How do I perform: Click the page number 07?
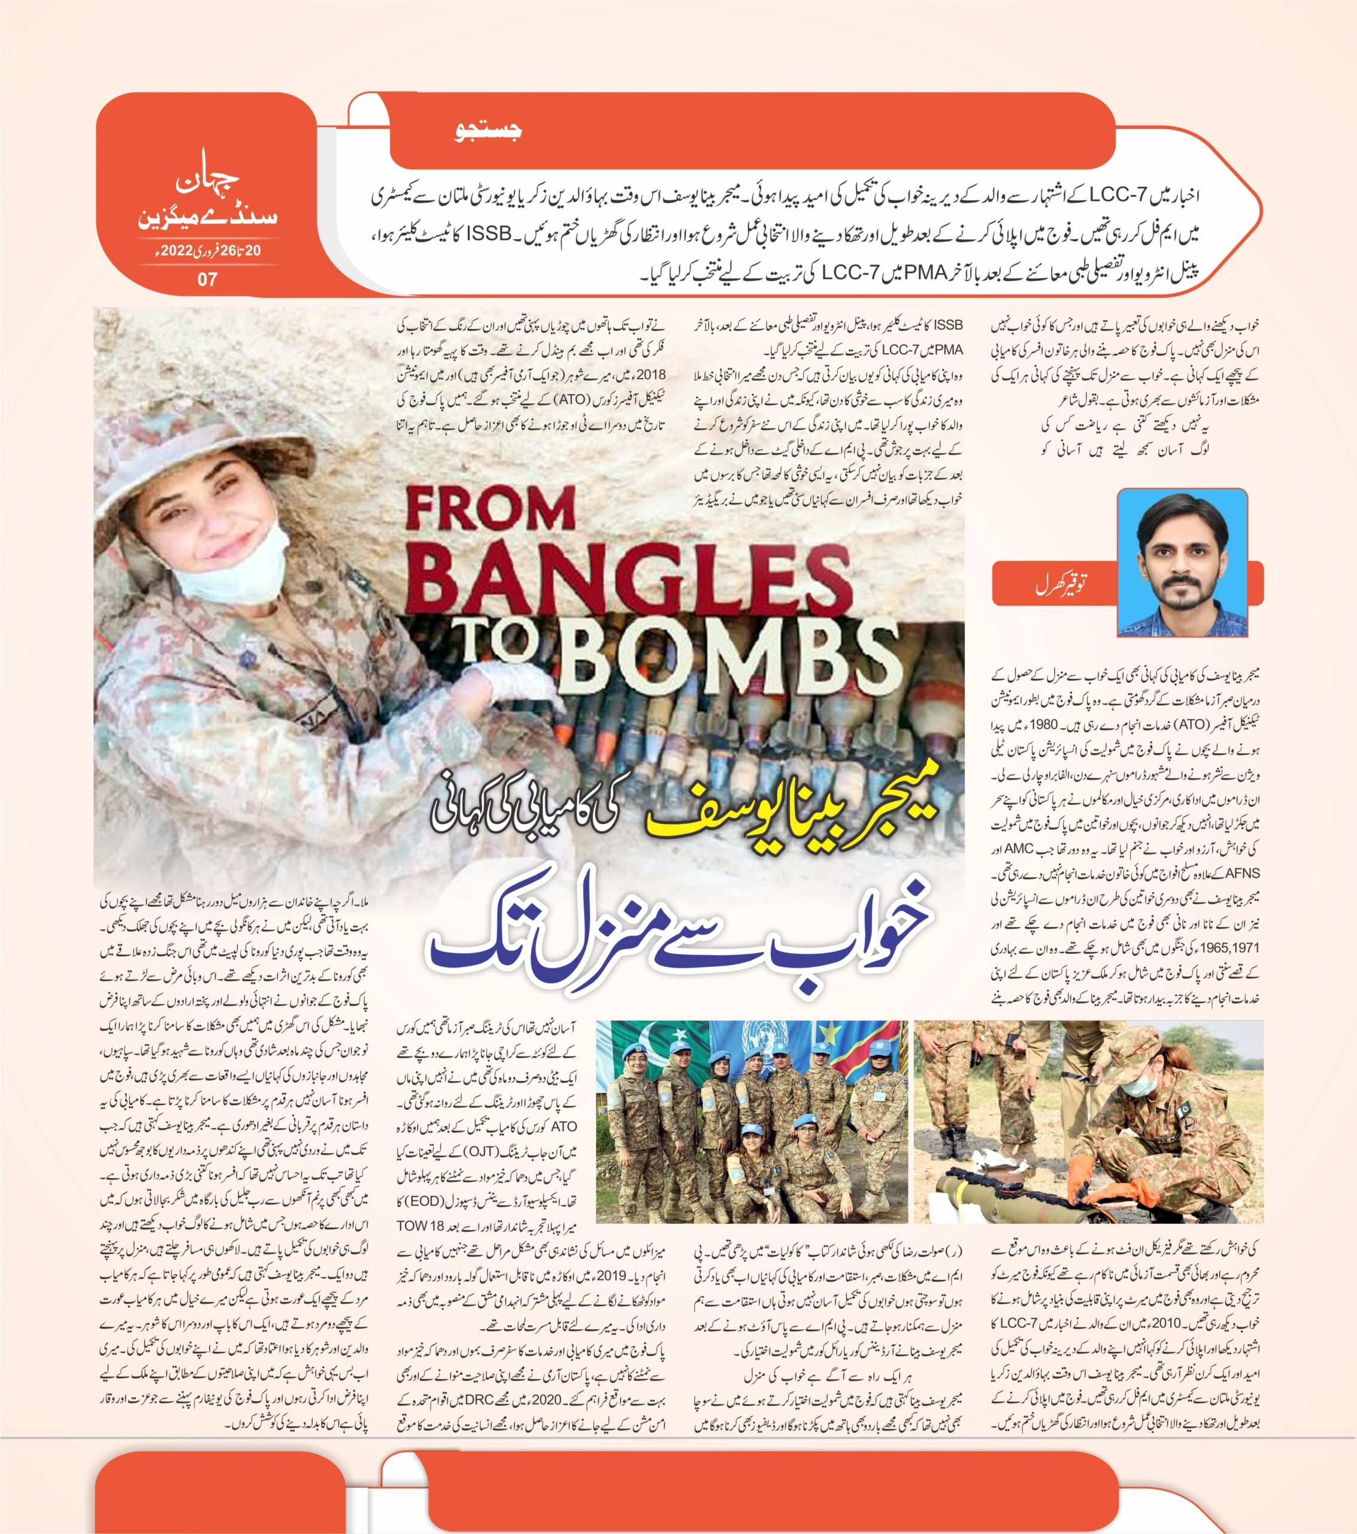pos(207,279)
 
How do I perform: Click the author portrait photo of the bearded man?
pos(1182,562)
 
